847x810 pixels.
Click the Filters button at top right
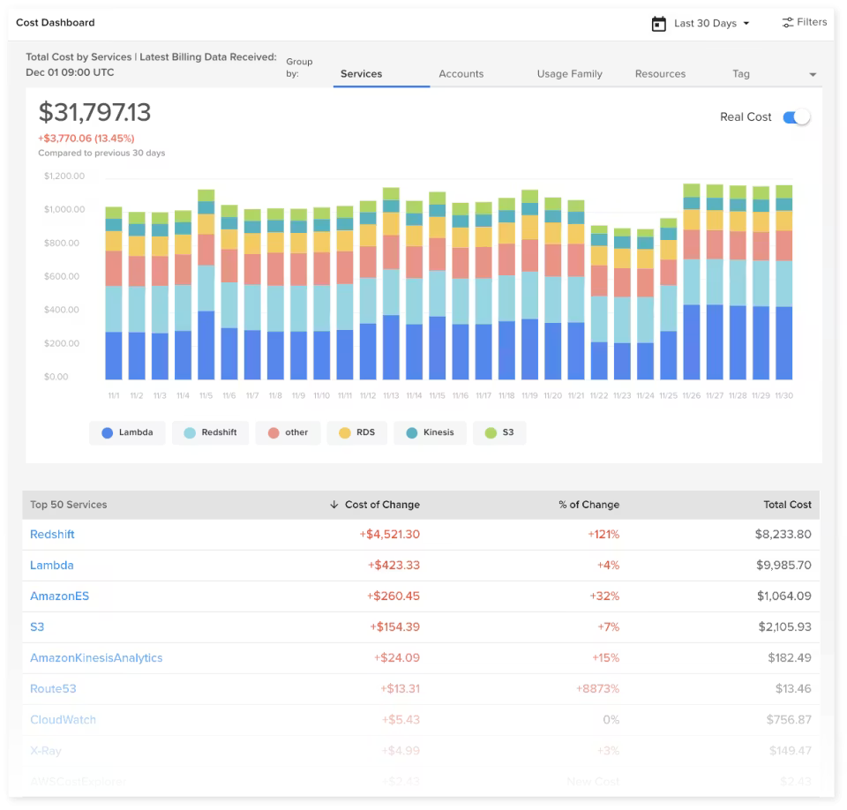click(x=804, y=23)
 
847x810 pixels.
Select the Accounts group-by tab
click(x=461, y=74)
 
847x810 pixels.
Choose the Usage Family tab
click(x=569, y=74)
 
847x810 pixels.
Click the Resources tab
click(x=660, y=74)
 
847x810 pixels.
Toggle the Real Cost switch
click(x=796, y=117)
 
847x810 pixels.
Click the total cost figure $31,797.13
click(x=94, y=113)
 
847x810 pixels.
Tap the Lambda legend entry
click(x=127, y=433)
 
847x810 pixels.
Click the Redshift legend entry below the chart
click(x=211, y=433)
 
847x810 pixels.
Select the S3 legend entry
click(x=499, y=433)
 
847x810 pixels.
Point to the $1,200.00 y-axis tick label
click(x=64, y=176)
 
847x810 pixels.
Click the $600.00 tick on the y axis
click(x=64, y=277)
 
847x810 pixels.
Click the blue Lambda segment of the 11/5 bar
click(x=206, y=345)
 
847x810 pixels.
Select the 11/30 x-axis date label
click(x=783, y=396)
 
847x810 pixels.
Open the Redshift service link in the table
click(x=52, y=535)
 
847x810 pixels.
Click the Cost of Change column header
click(x=381, y=505)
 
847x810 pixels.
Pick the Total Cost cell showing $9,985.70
click(x=783, y=566)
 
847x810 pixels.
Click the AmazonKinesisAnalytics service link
click(x=96, y=658)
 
